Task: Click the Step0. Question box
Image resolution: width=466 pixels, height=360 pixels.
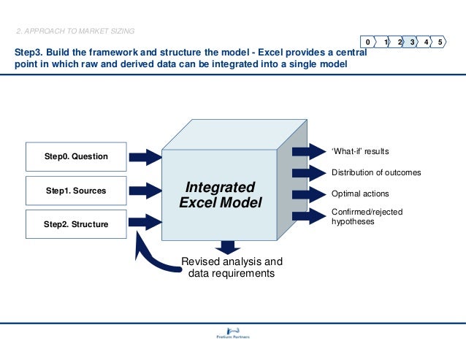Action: click(x=76, y=156)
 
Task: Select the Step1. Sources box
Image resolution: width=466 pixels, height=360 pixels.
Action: click(x=76, y=191)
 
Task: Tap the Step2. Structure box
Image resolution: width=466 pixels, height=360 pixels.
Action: click(x=76, y=224)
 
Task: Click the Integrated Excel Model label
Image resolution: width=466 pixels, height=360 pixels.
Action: click(x=220, y=194)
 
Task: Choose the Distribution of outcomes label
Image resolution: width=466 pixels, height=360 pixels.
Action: click(x=376, y=173)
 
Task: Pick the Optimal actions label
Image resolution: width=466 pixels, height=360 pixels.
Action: click(x=360, y=194)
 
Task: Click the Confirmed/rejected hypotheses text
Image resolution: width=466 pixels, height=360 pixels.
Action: click(x=367, y=216)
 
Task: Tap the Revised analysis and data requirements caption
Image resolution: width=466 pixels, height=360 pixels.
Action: click(x=232, y=268)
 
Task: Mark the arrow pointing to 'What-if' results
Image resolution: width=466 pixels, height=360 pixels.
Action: click(x=308, y=151)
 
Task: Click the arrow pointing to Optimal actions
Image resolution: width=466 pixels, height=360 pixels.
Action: click(x=308, y=194)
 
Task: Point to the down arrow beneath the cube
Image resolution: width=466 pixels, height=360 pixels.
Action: click(x=228, y=247)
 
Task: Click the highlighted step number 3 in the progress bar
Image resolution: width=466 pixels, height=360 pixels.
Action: click(x=413, y=42)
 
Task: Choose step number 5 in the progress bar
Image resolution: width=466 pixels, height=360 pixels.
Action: click(x=440, y=42)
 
